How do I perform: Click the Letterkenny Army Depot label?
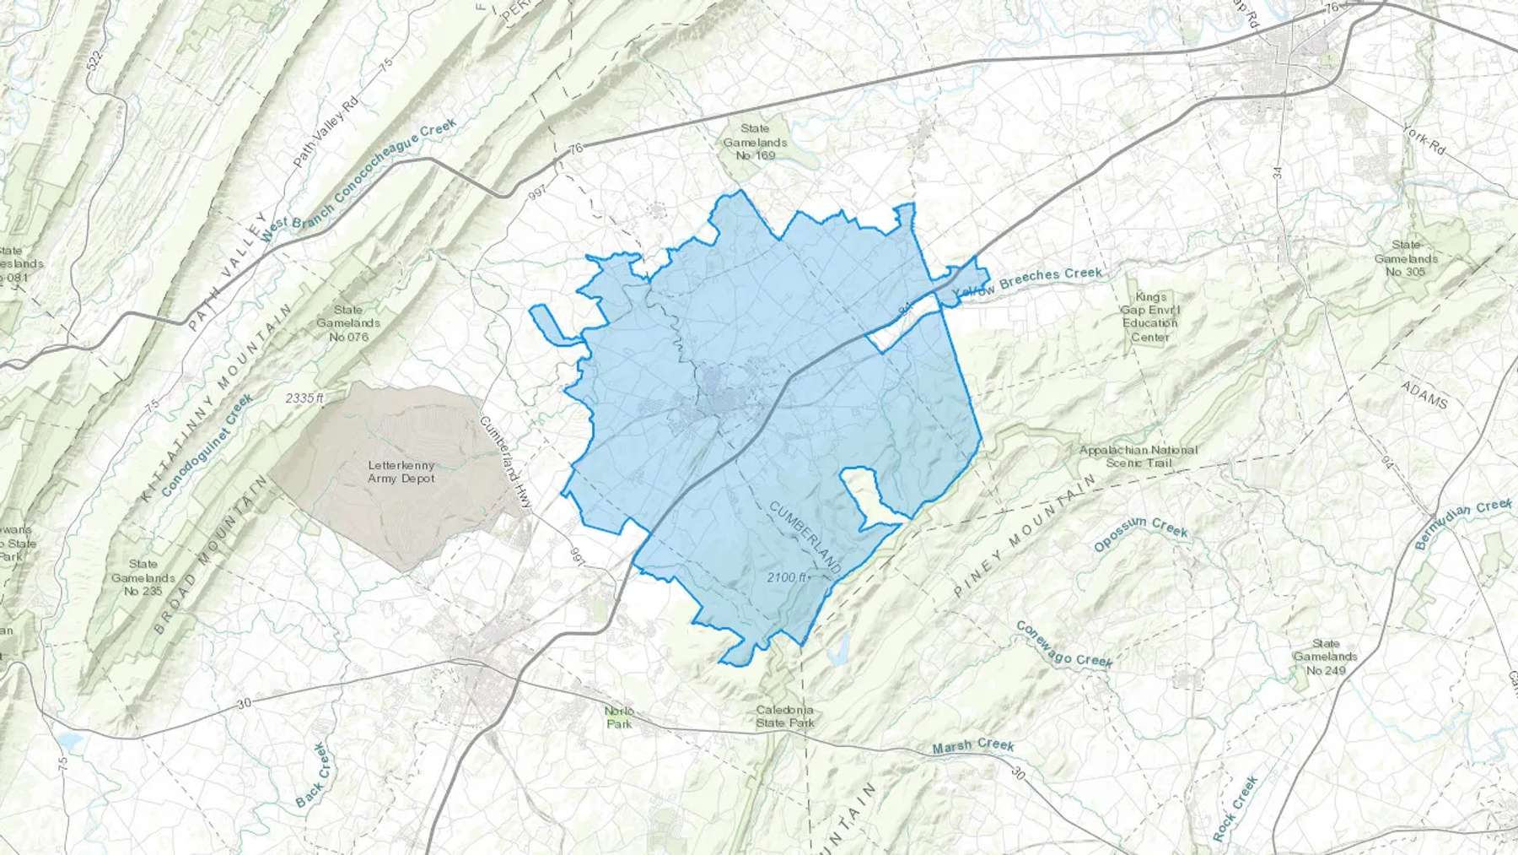click(401, 472)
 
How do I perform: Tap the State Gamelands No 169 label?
click(755, 142)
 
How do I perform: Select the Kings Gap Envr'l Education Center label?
click(1150, 317)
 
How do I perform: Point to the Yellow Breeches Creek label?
click(1027, 284)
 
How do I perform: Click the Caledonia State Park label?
click(785, 717)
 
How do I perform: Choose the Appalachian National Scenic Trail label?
click(1138, 456)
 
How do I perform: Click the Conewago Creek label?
click(1063, 644)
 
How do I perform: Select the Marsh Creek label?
click(973, 746)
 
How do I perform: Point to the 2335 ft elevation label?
click(304, 398)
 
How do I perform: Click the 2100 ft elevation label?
click(788, 577)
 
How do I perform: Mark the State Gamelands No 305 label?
click(1405, 258)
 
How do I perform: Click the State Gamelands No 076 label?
click(348, 323)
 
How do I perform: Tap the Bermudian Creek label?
click(1463, 524)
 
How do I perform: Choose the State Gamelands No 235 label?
click(143, 578)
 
